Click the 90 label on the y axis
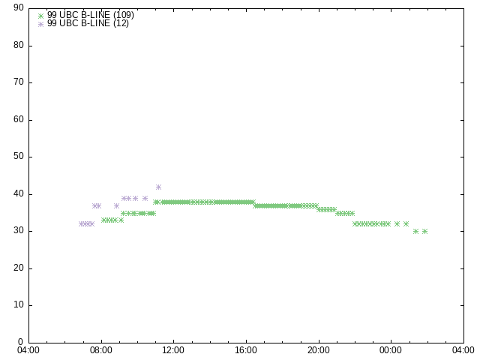tap(19, 7)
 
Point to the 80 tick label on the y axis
tap(19, 45)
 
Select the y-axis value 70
tap(19, 82)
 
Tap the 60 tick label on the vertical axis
tap(19, 119)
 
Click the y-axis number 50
tap(19, 157)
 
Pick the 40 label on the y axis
tap(19, 193)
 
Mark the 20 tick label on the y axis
tap(19, 268)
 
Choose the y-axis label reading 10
tap(19, 305)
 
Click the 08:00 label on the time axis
tap(101, 350)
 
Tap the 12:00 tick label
tap(173, 350)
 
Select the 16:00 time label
tap(246, 350)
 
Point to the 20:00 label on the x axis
tap(318, 350)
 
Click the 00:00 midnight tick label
tap(391, 350)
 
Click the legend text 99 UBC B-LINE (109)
tap(91, 15)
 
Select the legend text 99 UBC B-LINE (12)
tap(88, 23)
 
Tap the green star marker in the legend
tap(40, 16)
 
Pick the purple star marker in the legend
tap(40, 24)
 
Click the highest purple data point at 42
tap(158, 187)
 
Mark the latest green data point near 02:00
tap(424, 232)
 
